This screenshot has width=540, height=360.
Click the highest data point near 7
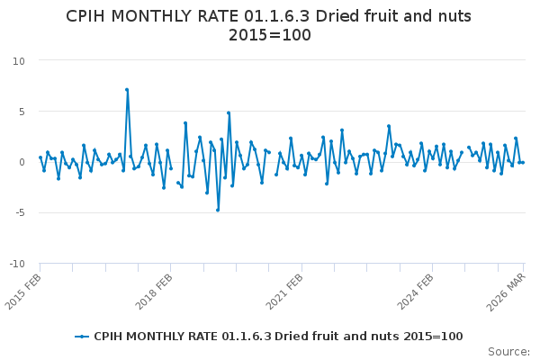(127, 90)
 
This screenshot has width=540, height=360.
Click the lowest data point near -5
(218, 210)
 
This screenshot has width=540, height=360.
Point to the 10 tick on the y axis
(18, 61)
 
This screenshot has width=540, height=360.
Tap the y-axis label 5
(21, 112)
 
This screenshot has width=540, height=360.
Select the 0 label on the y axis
(21, 163)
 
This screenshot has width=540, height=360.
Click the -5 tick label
(19, 213)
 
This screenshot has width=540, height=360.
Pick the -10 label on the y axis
(16, 265)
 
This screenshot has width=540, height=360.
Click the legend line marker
(83, 337)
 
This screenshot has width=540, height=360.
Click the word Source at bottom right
(508, 352)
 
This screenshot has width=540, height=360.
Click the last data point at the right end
(523, 162)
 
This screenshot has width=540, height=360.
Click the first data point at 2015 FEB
(40, 157)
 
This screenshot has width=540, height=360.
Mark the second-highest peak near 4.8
(229, 113)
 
